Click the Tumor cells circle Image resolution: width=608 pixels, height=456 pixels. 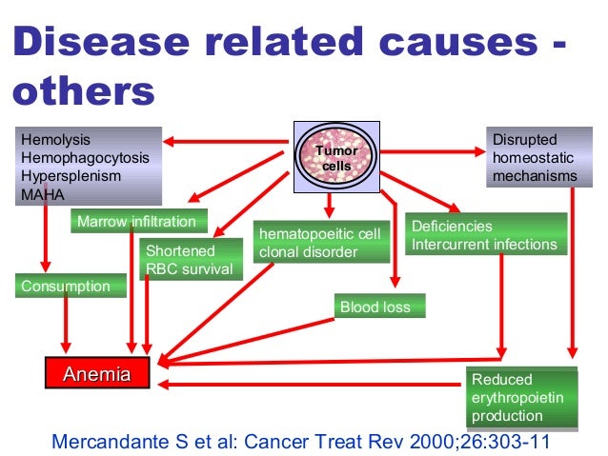(336, 159)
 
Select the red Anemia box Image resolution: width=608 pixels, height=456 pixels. (97, 374)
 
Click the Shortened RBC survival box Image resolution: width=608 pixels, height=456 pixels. (188, 260)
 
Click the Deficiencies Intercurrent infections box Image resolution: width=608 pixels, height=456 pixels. (484, 235)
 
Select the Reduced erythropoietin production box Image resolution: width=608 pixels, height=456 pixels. (520, 395)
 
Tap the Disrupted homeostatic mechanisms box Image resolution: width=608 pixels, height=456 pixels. (534, 158)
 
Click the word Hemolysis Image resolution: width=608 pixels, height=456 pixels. (51, 140)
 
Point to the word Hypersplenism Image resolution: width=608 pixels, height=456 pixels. (70, 177)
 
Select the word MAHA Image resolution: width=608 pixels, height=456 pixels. (40, 195)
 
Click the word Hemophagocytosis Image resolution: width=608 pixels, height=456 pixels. (84, 158)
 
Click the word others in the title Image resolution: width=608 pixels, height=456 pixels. (83, 92)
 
